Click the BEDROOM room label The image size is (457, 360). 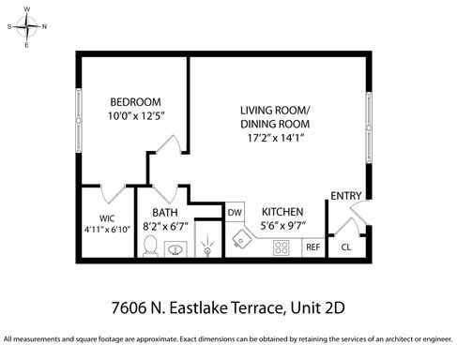tap(135, 102)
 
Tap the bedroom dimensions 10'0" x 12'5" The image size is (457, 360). tap(136, 116)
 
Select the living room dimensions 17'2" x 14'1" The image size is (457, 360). tap(276, 138)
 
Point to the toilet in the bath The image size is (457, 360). tap(150, 246)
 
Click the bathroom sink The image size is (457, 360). tap(175, 249)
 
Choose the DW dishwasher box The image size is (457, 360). tap(235, 212)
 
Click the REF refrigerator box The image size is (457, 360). tap(313, 247)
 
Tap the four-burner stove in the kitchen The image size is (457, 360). tap(281, 247)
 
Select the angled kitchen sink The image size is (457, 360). tap(241, 239)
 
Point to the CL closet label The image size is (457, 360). tap(346, 247)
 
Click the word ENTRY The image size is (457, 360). tap(346, 196)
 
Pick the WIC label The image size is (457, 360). tap(107, 218)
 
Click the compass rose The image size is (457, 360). tap(27, 27)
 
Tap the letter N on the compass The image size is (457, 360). tap(44, 27)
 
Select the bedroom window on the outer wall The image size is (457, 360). tap(79, 120)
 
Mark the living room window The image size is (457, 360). tap(369, 127)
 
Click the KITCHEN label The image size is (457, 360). tap(282, 212)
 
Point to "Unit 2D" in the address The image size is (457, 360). tap(317, 307)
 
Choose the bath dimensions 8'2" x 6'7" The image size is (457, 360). tap(165, 226)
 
